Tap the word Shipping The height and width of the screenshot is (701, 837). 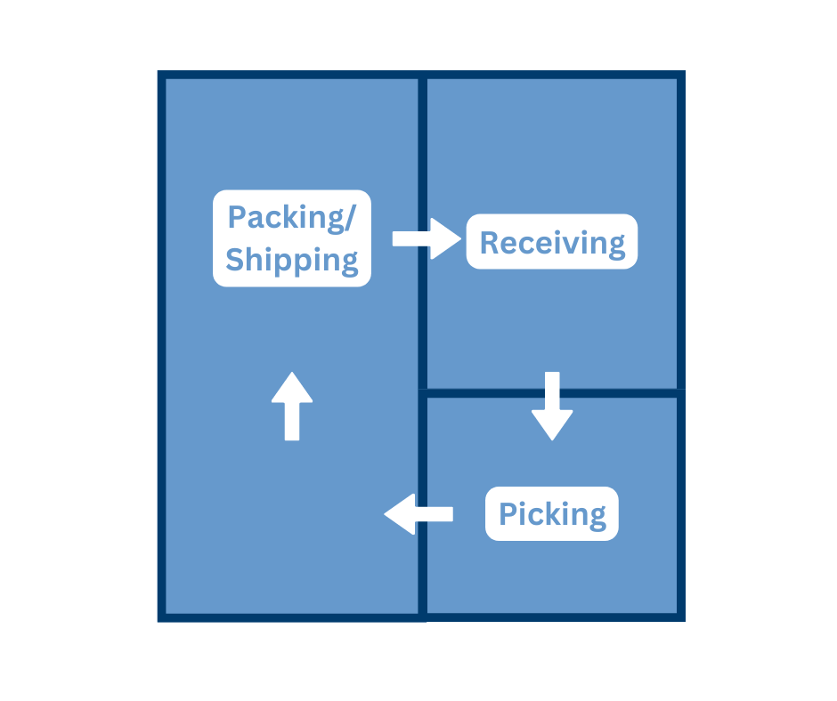(x=292, y=260)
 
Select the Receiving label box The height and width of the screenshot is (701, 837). (x=552, y=241)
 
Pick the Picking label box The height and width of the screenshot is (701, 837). (x=552, y=513)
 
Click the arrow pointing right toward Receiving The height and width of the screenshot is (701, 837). (x=427, y=238)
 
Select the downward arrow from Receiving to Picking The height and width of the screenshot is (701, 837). (x=552, y=406)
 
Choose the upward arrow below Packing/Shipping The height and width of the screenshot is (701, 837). (x=292, y=407)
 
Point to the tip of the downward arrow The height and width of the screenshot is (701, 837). (x=552, y=439)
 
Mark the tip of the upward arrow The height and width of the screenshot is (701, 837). (x=292, y=374)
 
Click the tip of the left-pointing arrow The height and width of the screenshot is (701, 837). (x=386, y=514)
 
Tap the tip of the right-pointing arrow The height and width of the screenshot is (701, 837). (x=462, y=238)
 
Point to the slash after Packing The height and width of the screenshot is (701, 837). (x=362, y=218)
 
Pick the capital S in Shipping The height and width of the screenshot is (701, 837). (x=236, y=260)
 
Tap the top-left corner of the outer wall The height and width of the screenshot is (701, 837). (x=162, y=75)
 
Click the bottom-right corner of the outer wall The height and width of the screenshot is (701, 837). (x=681, y=616)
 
